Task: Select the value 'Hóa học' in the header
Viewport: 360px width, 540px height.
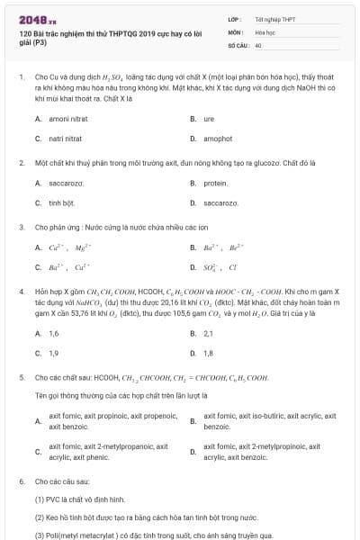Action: point(265,31)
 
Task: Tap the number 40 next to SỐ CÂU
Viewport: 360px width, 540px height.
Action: point(258,44)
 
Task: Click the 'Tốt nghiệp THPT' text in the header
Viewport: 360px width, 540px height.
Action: point(275,18)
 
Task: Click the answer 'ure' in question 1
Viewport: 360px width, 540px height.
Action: point(209,119)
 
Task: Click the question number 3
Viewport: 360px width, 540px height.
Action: point(21,227)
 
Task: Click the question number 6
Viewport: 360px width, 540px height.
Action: point(21,481)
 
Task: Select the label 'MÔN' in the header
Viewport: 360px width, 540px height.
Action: point(234,31)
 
